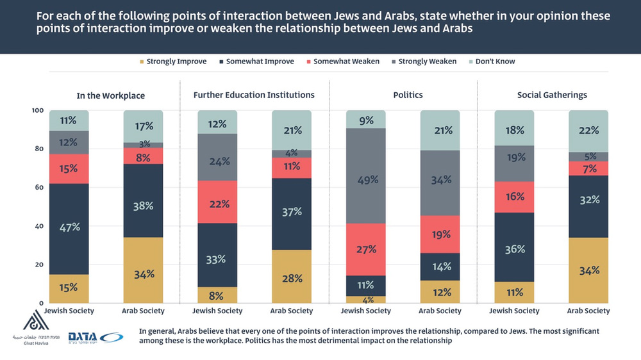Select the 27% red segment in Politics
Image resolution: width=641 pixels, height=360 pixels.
click(366, 249)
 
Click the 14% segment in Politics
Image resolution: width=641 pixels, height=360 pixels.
click(440, 266)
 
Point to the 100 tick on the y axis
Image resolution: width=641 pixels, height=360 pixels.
click(37, 111)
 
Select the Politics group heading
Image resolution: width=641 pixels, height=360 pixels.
click(408, 95)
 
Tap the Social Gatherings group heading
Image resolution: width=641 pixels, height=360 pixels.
click(552, 95)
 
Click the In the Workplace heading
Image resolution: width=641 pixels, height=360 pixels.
click(110, 95)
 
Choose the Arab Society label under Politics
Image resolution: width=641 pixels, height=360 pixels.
click(440, 311)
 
